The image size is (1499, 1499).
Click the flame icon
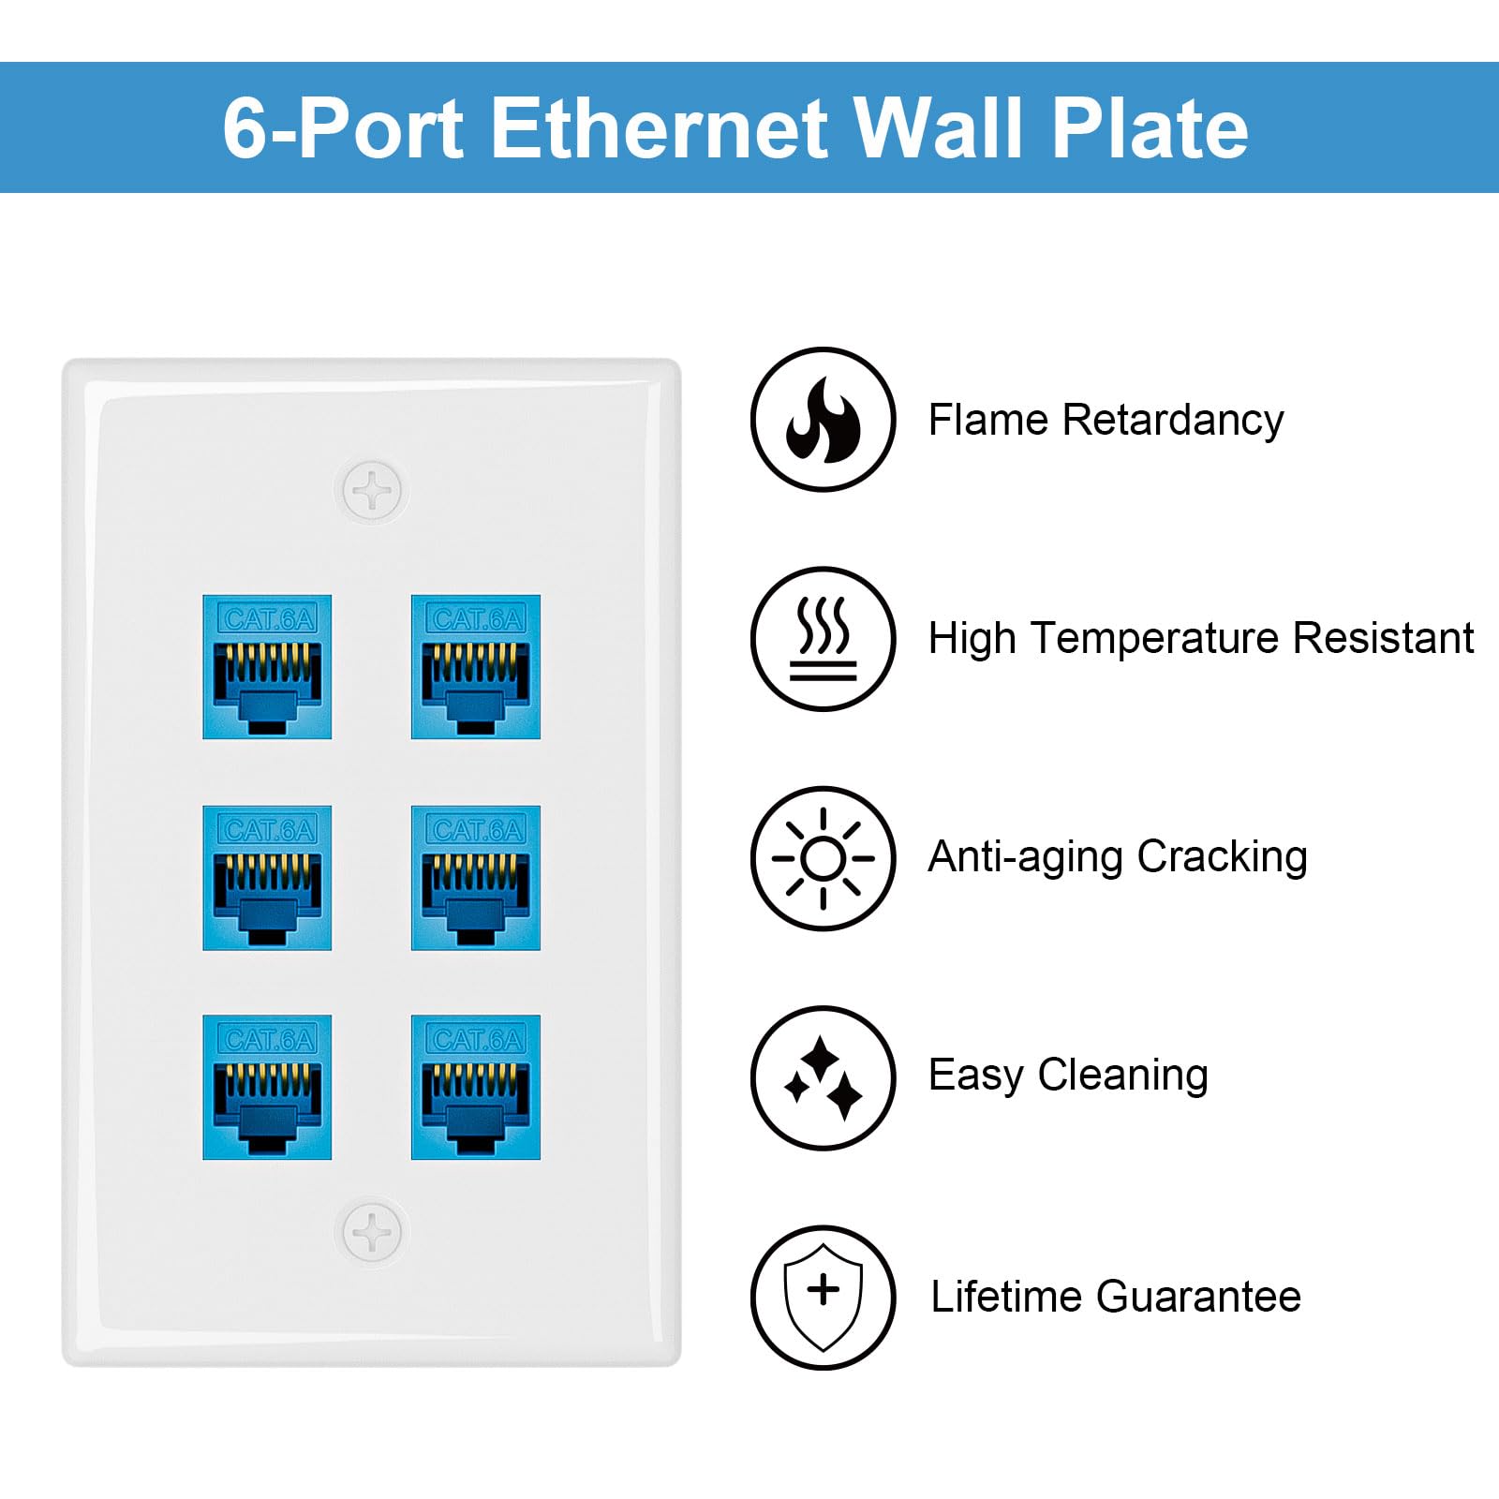tap(823, 419)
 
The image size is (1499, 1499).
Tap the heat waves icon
tap(823, 638)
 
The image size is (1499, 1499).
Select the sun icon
tap(823, 857)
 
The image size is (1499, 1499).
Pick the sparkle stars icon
tap(823, 1077)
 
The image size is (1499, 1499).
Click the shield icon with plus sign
tap(823, 1297)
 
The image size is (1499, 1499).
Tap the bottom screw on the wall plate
tap(372, 1232)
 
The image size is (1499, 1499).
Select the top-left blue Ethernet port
tap(267, 667)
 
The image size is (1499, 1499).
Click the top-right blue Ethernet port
tap(476, 667)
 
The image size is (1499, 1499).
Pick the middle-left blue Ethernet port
tap(267, 878)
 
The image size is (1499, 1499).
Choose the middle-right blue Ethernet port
tap(476, 878)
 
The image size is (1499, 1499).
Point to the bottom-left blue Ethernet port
tap(267, 1088)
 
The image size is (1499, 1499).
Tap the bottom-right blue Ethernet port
tap(476, 1088)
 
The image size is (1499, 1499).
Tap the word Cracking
tap(1222, 857)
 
